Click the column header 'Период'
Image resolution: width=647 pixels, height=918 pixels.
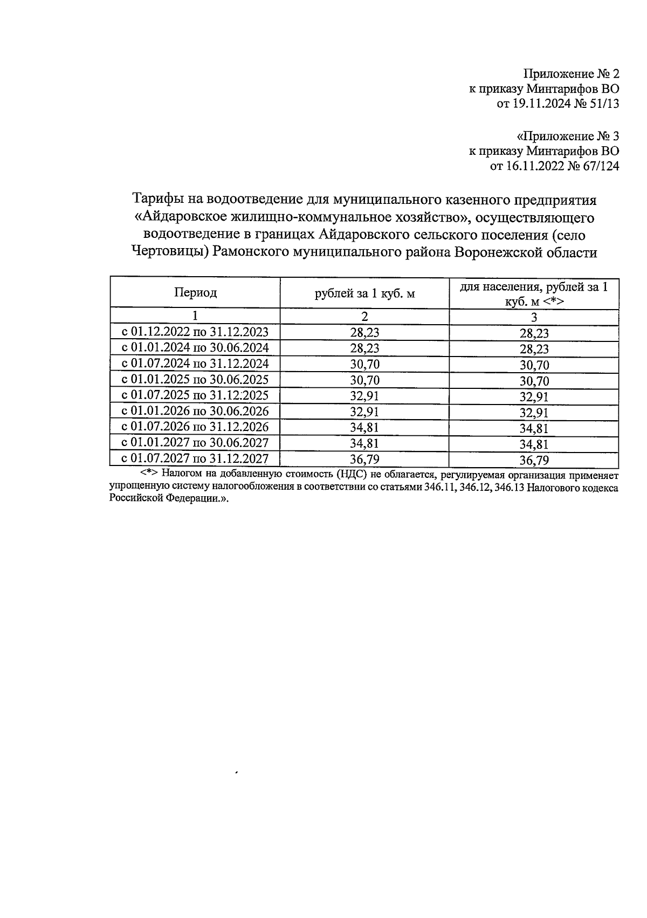click(x=195, y=292)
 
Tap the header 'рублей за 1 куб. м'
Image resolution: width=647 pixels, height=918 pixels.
click(x=365, y=293)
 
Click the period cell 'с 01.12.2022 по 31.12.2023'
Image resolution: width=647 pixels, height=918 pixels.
click(x=195, y=332)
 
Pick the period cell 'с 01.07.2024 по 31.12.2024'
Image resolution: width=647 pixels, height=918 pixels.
click(x=195, y=364)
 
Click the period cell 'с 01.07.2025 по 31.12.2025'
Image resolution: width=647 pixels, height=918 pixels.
click(x=195, y=395)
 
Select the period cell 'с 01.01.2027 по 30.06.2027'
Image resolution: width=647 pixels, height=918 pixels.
click(x=195, y=443)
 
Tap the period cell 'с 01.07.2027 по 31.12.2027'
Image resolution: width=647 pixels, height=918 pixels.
click(x=195, y=459)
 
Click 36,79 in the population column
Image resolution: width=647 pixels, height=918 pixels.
click(x=534, y=461)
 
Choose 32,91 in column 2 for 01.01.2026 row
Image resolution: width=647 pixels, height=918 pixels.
click(x=365, y=412)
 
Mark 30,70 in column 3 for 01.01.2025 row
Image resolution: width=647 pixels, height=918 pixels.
click(x=534, y=381)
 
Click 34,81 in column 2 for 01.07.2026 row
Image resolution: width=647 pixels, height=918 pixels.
click(x=365, y=428)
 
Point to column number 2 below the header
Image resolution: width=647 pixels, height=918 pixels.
click(x=365, y=317)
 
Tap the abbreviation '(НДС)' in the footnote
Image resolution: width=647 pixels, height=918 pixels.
click(x=350, y=476)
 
